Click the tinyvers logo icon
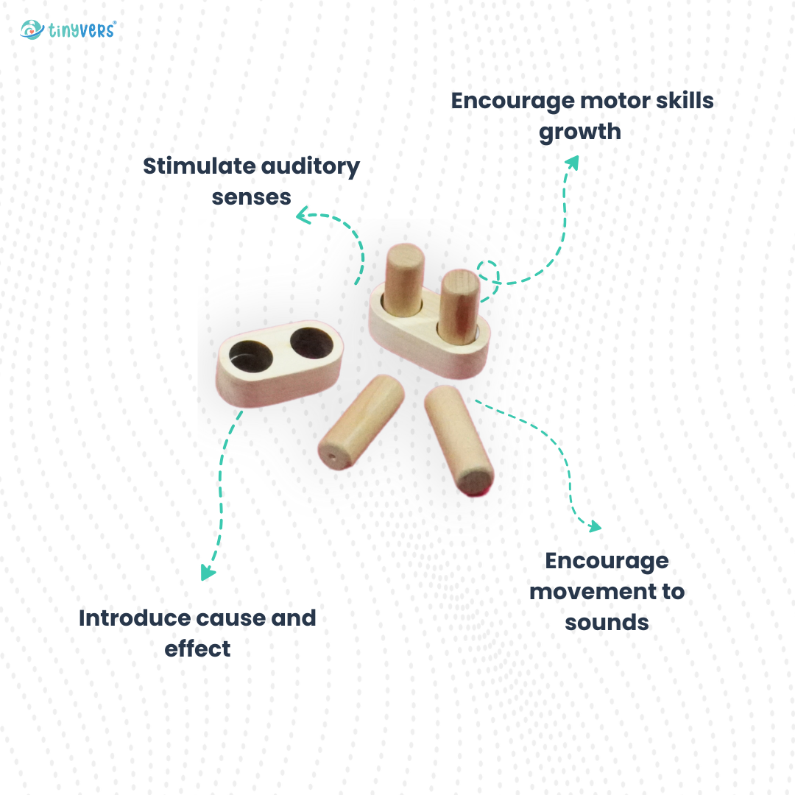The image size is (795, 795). click(x=32, y=30)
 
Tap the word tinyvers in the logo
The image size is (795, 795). click(x=82, y=30)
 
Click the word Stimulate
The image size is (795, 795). click(x=199, y=166)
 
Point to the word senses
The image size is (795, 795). click(x=252, y=197)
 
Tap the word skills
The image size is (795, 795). click(x=685, y=100)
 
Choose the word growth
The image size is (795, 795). click(x=580, y=132)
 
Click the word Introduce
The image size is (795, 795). click(x=135, y=618)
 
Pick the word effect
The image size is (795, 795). click(x=198, y=649)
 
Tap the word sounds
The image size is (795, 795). click(x=607, y=623)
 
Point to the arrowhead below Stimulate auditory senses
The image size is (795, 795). click(x=303, y=215)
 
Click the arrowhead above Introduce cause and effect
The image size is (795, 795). click(x=207, y=573)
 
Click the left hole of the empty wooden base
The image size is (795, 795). click(x=250, y=356)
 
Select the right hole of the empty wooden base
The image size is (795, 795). click(x=312, y=343)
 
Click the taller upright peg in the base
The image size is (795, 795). click(x=403, y=280)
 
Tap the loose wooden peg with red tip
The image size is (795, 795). click(x=459, y=440)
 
